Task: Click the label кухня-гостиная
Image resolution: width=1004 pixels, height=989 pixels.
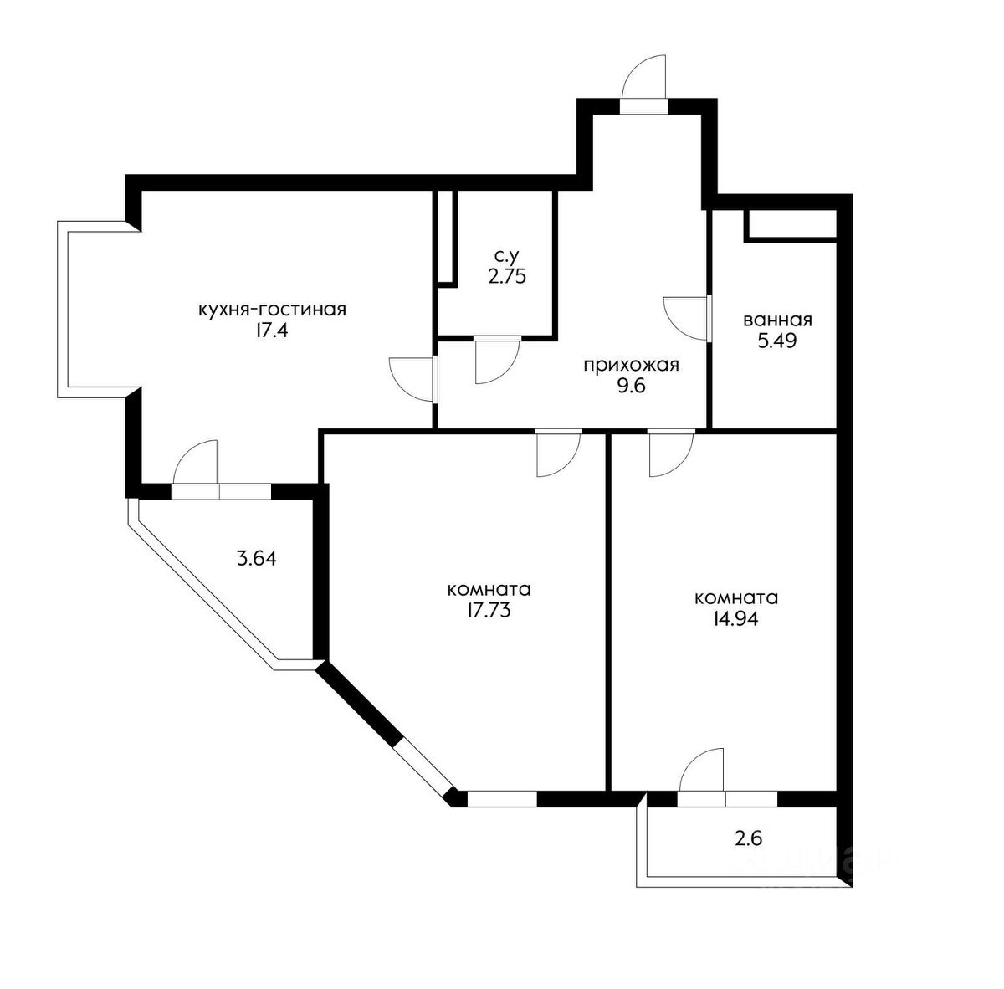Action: [272, 310]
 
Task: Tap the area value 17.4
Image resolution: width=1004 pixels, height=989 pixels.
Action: [271, 331]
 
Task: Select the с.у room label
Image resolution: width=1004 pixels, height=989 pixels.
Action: [505, 256]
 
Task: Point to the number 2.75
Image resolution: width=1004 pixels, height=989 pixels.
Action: [506, 276]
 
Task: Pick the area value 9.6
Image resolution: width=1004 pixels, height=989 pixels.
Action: [631, 386]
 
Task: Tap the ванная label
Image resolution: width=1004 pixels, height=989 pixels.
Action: [777, 320]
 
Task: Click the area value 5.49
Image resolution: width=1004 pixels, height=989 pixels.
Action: [777, 341]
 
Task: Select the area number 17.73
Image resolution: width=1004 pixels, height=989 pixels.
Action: [489, 610]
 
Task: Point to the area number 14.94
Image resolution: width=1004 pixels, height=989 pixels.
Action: [736, 618]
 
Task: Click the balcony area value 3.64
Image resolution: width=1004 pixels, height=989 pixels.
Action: [256, 559]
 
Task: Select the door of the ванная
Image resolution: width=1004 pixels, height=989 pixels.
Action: [687, 319]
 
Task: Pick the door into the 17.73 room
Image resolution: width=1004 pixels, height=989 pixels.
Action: [559, 454]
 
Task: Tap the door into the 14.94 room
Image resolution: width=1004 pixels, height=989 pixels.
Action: [671, 454]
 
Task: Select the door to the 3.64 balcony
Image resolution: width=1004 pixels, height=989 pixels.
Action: [195, 463]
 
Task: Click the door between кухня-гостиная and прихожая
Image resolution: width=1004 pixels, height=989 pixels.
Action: [412, 379]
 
